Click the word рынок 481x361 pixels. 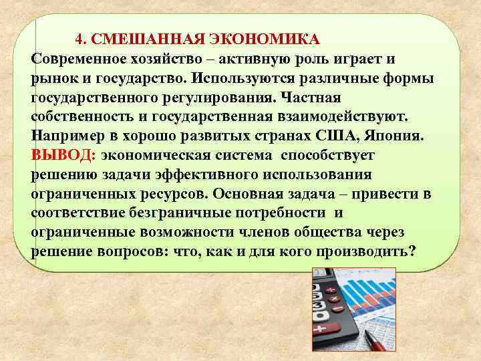click(53, 78)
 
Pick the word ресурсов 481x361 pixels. click(168, 195)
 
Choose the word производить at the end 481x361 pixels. click(363, 251)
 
